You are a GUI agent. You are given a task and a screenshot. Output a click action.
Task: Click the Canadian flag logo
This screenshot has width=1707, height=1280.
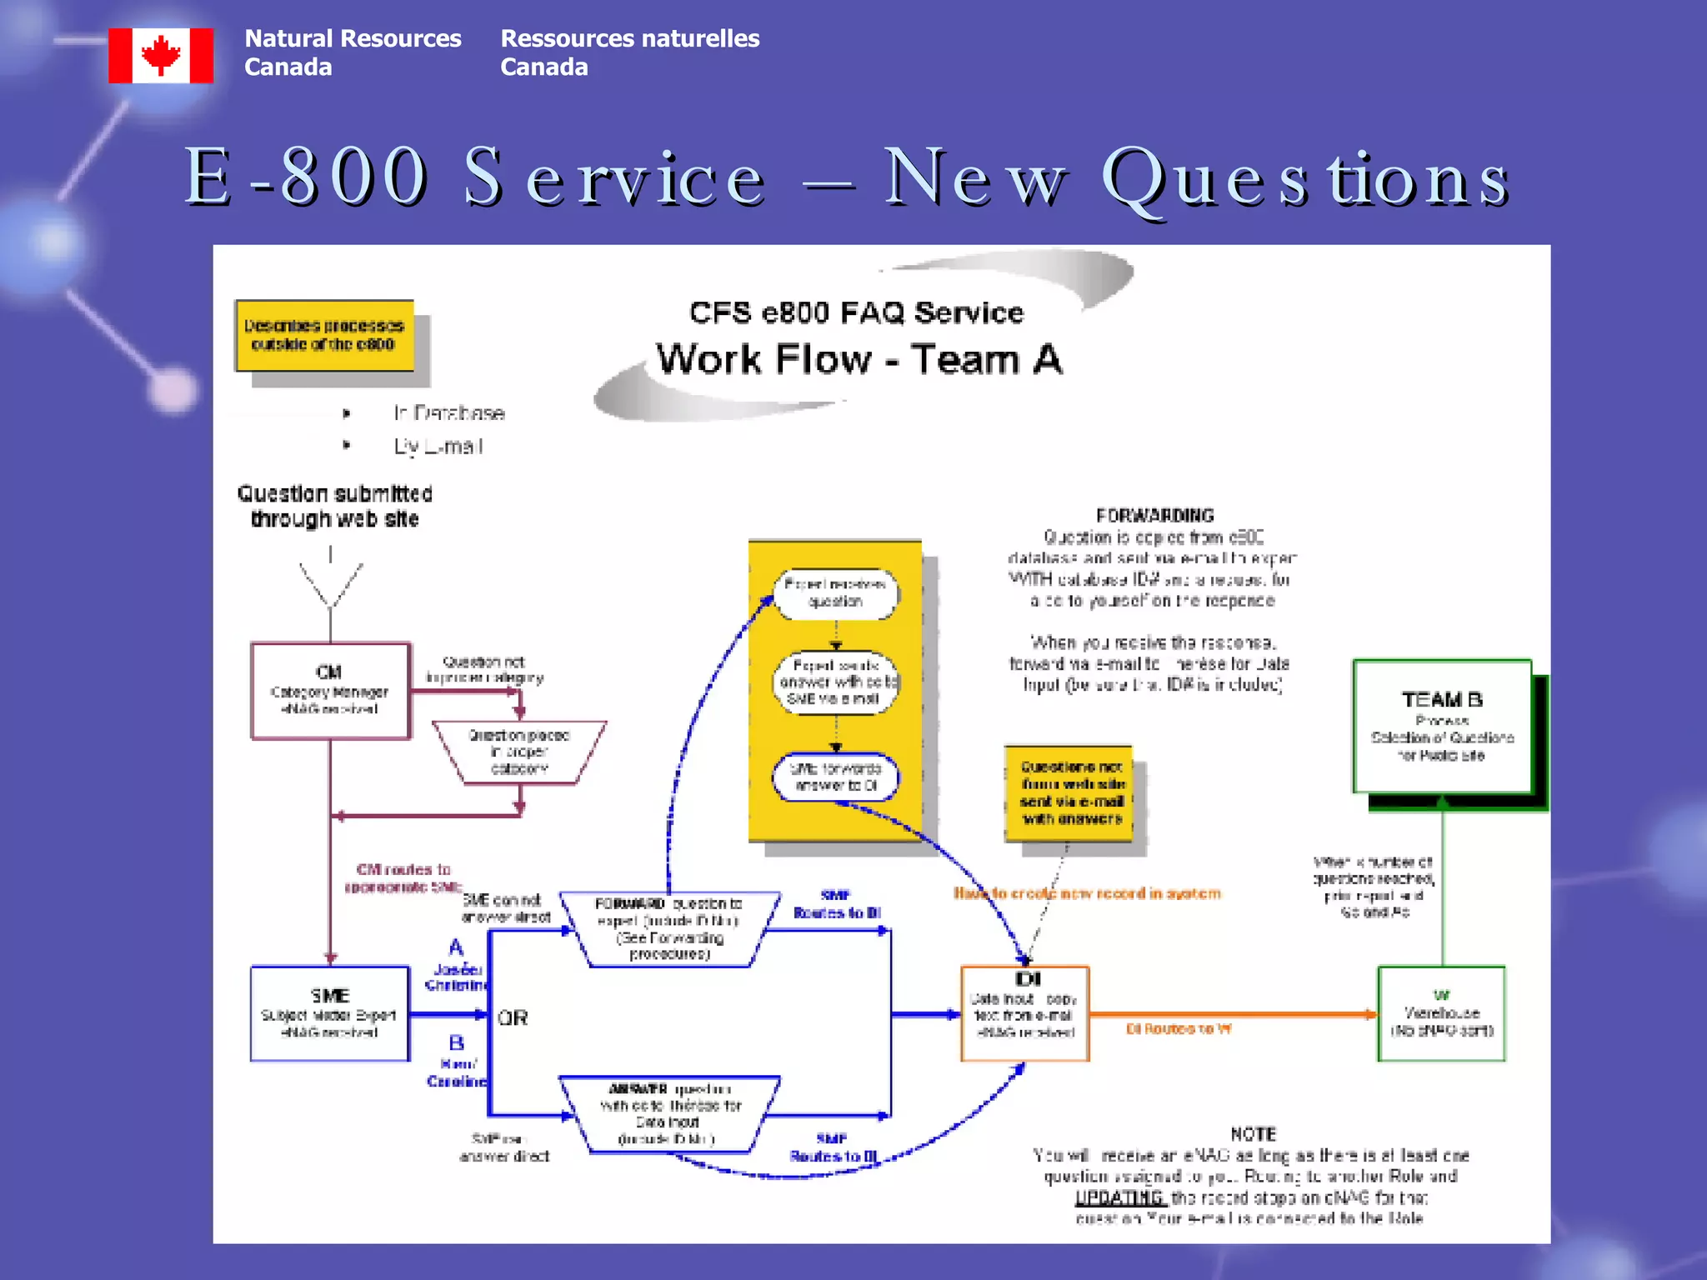pos(161,55)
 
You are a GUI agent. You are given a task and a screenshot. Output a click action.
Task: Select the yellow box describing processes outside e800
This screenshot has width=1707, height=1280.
pos(324,335)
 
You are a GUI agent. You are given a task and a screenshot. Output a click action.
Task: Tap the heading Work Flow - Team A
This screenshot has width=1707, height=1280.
pos(859,359)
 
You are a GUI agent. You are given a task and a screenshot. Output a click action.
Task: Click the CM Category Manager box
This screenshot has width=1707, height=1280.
pos(330,690)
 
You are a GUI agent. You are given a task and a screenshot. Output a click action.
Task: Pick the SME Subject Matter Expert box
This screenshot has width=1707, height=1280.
pos(330,1013)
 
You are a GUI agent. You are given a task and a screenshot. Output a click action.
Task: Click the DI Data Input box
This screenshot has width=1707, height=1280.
pos(1025,1013)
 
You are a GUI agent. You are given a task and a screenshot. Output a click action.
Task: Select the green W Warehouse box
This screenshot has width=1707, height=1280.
pos(1441,1013)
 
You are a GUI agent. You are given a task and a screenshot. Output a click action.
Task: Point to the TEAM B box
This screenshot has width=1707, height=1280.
pos(1442,726)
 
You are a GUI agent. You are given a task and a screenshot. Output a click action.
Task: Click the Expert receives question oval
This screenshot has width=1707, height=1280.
pos(835,593)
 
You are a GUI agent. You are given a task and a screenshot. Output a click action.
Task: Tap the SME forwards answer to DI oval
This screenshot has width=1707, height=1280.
pos(835,777)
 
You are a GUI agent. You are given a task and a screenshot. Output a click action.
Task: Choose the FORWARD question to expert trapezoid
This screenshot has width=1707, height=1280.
pos(669,928)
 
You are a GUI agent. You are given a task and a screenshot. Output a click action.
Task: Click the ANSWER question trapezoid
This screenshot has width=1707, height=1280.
pos(669,1113)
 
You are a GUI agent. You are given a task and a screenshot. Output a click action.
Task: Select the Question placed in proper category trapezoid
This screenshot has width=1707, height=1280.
pos(518,752)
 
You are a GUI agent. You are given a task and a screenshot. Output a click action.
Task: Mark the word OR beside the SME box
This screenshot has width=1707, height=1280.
pos(513,1017)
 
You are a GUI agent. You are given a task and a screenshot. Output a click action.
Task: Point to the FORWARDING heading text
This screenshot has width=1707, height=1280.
pos(1154,515)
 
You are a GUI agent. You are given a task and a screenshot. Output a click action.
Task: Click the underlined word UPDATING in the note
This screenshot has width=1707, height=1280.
pos(1119,1197)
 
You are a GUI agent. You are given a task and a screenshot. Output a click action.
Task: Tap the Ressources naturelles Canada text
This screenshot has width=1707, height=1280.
pos(629,52)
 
